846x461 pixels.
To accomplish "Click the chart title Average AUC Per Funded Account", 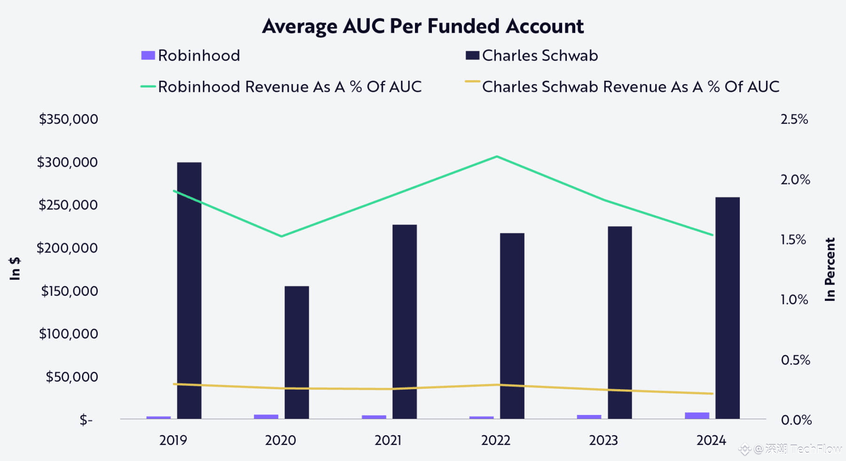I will pyautogui.click(x=423, y=26).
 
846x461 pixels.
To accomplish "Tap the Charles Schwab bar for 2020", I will pyautogui.click(x=297, y=352).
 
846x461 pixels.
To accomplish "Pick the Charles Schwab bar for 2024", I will pyautogui.click(x=727, y=307).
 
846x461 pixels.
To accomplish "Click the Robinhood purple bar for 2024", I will pyautogui.click(x=697, y=415).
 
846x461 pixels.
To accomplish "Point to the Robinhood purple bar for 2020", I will pyautogui.click(x=266, y=416).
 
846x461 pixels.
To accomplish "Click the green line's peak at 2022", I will pyautogui.click(x=497, y=156).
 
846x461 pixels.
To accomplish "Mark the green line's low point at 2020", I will pyautogui.click(x=281, y=236).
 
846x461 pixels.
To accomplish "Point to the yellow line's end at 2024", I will pyautogui.click(x=713, y=393).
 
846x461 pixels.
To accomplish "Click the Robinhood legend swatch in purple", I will pyautogui.click(x=148, y=55).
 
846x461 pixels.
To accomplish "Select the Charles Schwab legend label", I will pyautogui.click(x=540, y=55).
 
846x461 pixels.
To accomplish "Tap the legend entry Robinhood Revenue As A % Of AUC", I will pyautogui.click(x=290, y=87).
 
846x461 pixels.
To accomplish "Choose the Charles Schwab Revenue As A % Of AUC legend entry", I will pyautogui.click(x=630, y=87).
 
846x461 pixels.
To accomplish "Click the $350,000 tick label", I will pyautogui.click(x=69, y=119).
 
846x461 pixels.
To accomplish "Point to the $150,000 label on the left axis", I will pyautogui.click(x=70, y=291).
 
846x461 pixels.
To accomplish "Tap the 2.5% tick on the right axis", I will pyautogui.click(x=794, y=119).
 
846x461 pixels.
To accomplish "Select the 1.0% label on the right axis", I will pyautogui.click(x=794, y=300).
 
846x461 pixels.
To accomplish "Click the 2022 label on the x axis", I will pyautogui.click(x=495, y=440).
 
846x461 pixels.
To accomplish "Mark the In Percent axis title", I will pyautogui.click(x=830, y=269).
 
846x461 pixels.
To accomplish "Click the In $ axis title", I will pyautogui.click(x=15, y=269).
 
